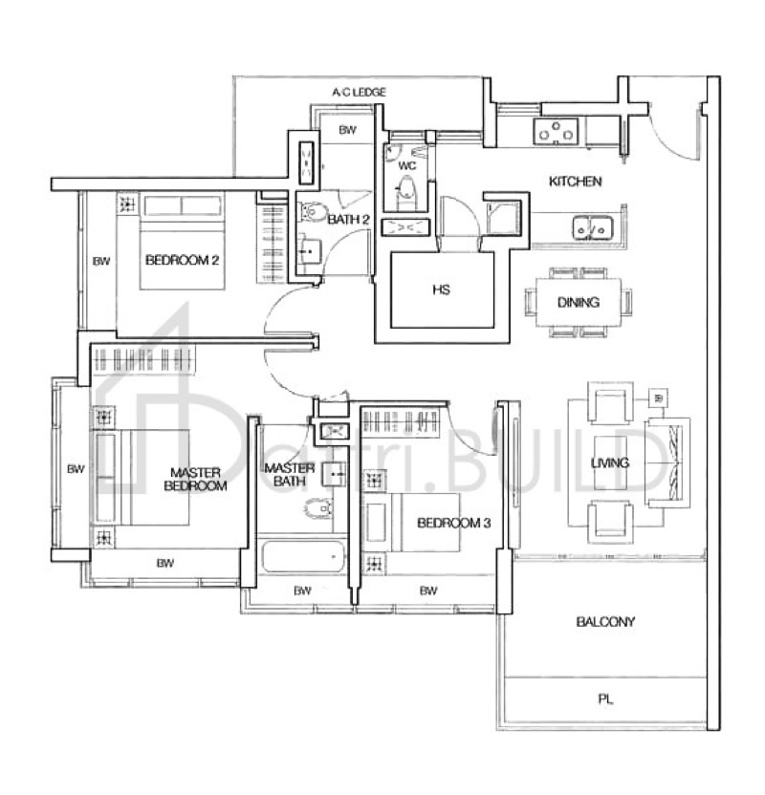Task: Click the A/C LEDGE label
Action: (360, 92)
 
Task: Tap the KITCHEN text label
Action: (574, 182)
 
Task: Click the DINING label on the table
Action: (578, 303)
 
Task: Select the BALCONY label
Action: (605, 622)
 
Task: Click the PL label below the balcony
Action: (604, 699)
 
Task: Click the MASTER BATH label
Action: (290, 475)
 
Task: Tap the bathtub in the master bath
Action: (302, 556)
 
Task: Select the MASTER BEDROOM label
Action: (195, 479)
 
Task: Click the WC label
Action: (407, 164)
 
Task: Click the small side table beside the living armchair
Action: (657, 397)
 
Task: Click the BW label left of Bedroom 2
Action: (100, 261)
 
